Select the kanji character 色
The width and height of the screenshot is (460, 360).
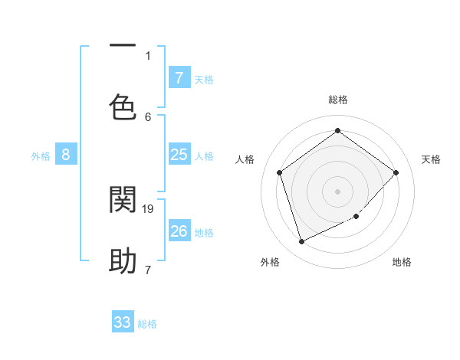pos(123,107)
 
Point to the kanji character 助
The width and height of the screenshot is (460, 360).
pos(123,261)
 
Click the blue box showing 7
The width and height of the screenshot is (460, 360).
pos(179,77)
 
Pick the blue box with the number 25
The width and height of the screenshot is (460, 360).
pos(179,155)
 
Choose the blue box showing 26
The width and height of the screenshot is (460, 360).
pos(179,231)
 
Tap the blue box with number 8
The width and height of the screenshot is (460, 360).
pos(66,155)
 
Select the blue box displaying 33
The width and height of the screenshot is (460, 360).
pos(123,322)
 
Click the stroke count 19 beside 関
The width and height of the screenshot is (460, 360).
pos(149,208)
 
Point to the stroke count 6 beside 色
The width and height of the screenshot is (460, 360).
pos(148,116)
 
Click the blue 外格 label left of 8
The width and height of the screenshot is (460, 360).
pos(41,156)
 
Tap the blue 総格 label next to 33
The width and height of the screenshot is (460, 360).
pos(147,324)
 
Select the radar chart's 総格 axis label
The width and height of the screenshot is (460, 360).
pos(337,100)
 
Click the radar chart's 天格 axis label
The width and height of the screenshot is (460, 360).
pos(431,159)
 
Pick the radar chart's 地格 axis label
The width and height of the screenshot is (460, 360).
pos(402,262)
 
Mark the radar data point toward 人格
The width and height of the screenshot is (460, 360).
pos(280,172)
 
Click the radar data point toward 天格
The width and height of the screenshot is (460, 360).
pos(396,172)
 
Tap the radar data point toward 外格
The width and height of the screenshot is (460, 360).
pos(301,242)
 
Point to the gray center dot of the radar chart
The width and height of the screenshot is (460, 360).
pos(337,191)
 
